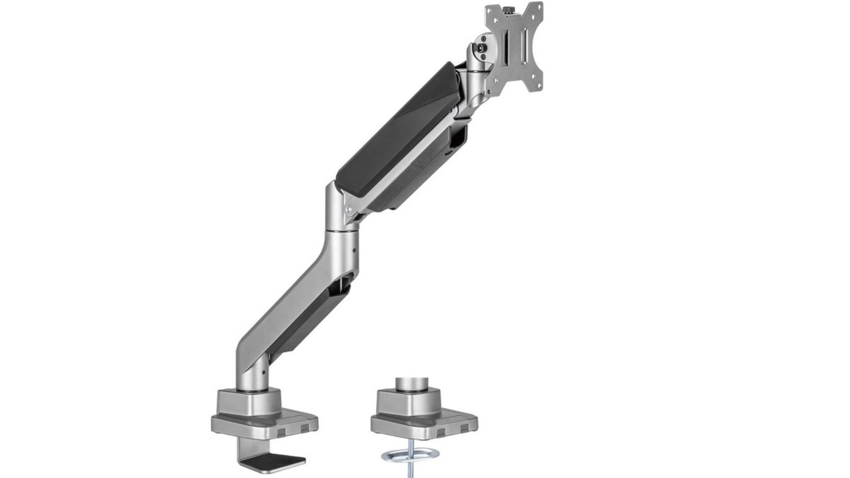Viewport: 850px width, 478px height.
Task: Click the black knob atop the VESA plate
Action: (509, 9)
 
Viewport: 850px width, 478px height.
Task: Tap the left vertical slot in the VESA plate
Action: (506, 48)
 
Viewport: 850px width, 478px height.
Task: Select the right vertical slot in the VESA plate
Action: (524, 46)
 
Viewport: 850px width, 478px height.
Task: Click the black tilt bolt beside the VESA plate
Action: (481, 48)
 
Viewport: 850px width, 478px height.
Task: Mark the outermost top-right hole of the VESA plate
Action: (540, 7)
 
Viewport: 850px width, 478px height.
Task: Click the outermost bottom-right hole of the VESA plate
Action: (540, 85)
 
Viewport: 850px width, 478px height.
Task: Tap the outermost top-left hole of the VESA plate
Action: (489, 11)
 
